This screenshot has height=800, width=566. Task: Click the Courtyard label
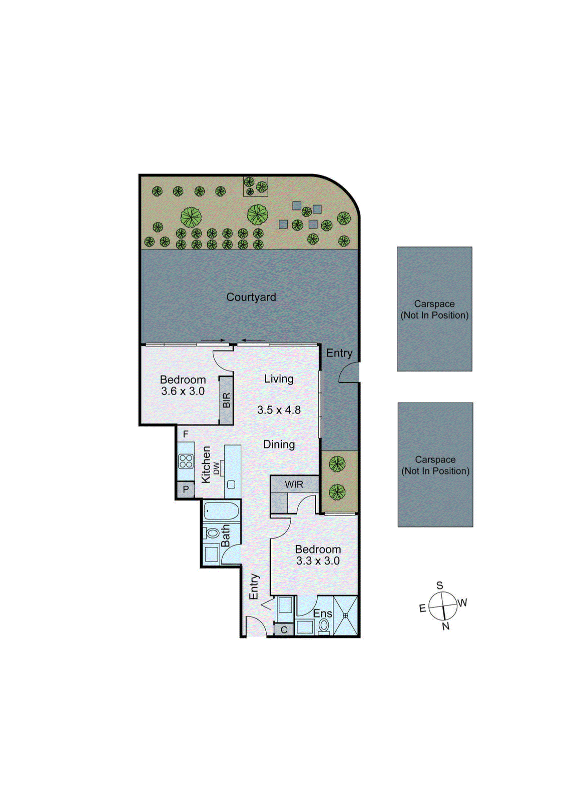coord(251,297)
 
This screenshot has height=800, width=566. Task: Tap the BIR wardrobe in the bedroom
coord(226,400)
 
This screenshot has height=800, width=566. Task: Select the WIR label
coord(294,484)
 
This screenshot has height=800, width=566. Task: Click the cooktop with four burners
coord(186,461)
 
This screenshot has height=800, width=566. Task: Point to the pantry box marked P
coord(186,489)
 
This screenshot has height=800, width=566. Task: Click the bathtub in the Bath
coord(221,511)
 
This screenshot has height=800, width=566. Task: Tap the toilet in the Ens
coord(324,625)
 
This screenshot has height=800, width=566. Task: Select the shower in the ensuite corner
coord(345,615)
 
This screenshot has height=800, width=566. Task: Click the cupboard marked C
coord(284,629)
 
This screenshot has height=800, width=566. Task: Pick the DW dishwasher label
coord(216,468)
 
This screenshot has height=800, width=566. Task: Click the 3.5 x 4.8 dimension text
coord(279,410)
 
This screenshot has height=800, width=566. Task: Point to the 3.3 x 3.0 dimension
coord(318,561)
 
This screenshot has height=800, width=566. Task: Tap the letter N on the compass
coord(445,626)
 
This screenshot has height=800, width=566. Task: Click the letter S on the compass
coord(439,585)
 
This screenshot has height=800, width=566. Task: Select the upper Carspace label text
coord(434,304)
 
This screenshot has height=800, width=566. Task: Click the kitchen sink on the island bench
coord(231,484)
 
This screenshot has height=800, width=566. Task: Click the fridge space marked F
coord(186,434)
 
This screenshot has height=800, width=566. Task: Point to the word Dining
coord(279,444)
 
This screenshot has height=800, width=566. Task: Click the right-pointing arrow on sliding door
coord(213,340)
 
